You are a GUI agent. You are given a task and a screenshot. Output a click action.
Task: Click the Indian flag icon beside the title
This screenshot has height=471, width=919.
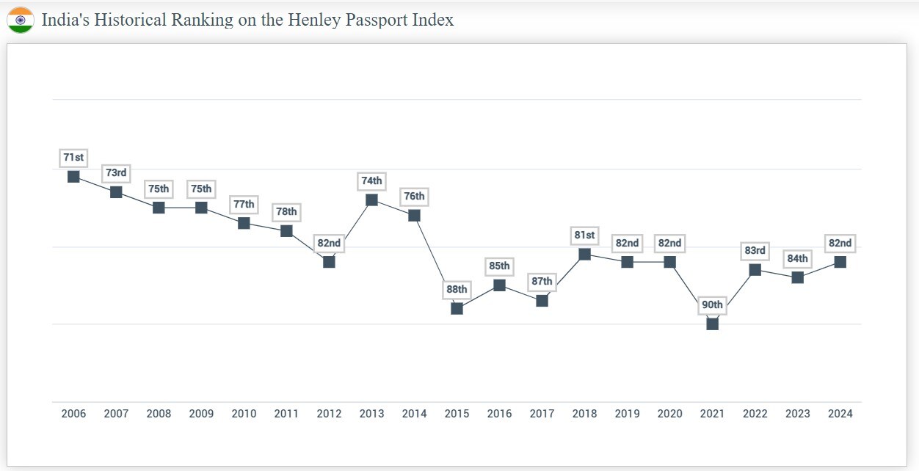(x=21, y=20)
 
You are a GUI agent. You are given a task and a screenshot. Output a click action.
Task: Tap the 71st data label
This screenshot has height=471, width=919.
(x=73, y=158)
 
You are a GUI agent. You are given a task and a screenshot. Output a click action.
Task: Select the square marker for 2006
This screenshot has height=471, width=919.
(x=73, y=177)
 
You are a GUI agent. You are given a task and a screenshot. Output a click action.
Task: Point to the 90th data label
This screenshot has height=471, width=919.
(x=712, y=305)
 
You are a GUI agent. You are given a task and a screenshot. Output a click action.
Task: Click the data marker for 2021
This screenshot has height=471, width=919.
(x=712, y=324)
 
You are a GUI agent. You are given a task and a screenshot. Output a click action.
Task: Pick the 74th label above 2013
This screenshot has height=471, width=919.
(x=371, y=181)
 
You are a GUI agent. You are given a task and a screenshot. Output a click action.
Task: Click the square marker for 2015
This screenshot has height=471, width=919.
(x=457, y=309)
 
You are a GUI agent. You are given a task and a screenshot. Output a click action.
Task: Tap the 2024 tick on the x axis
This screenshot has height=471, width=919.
(x=840, y=414)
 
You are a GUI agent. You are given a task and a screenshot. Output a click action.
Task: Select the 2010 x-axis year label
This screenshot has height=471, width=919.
(x=244, y=414)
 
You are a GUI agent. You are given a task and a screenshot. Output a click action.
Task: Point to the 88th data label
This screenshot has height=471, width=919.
(x=457, y=289)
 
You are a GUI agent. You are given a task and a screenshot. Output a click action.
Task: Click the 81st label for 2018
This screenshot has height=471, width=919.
(x=584, y=235)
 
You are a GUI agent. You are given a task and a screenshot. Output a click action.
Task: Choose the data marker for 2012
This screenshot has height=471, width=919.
(x=329, y=262)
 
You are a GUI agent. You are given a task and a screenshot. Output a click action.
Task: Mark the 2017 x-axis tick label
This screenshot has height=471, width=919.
(x=542, y=414)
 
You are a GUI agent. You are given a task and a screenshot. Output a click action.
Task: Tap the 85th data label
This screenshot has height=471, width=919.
(x=499, y=266)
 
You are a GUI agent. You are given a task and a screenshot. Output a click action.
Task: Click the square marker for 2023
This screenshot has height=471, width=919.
(x=797, y=278)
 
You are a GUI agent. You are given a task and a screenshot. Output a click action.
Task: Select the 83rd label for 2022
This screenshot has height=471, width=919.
(x=755, y=251)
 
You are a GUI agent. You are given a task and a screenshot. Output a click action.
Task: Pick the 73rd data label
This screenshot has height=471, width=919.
(x=116, y=173)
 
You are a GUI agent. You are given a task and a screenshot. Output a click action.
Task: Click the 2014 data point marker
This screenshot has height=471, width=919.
(x=414, y=216)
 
